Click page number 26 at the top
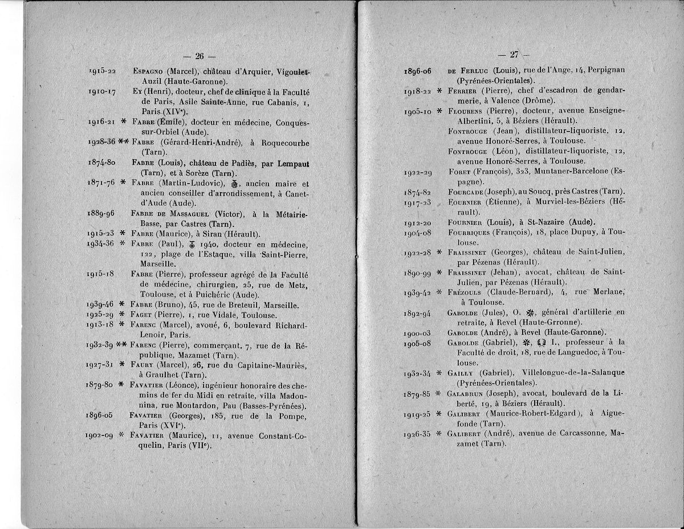pyautogui.click(x=199, y=56)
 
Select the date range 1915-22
pyautogui.click(x=103, y=71)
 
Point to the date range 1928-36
pyautogui.click(x=103, y=141)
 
